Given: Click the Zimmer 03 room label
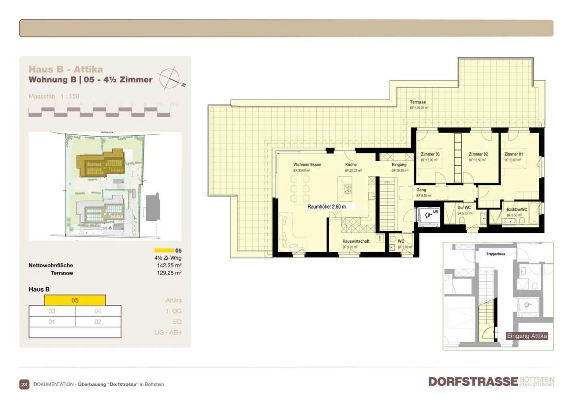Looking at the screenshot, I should (430, 154).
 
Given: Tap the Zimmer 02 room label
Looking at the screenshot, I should (478, 154).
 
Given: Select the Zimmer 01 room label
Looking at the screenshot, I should (513, 154).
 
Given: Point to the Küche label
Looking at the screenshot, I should (351, 165).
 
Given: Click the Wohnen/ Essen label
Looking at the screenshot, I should (307, 165).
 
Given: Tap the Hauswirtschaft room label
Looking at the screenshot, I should (356, 241).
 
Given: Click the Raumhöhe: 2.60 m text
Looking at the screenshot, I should (327, 207).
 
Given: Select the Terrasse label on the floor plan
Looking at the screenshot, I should (418, 102).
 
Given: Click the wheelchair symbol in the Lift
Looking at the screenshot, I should (428, 216).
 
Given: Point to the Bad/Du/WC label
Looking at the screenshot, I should (517, 210).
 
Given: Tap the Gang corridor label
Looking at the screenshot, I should (421, 190).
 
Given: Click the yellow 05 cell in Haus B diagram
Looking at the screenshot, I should (75, 300).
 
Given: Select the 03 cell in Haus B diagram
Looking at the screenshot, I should (52, 311).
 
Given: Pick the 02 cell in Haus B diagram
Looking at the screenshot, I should (98, 322).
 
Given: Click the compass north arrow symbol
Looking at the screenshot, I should (171, 78).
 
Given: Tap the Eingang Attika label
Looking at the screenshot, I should (526, 336).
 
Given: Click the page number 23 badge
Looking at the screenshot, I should (24, 384).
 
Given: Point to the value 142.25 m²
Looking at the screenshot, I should (169, 265).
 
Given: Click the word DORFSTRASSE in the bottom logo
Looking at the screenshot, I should (473, 382).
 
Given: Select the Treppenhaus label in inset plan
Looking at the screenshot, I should (495, 254).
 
